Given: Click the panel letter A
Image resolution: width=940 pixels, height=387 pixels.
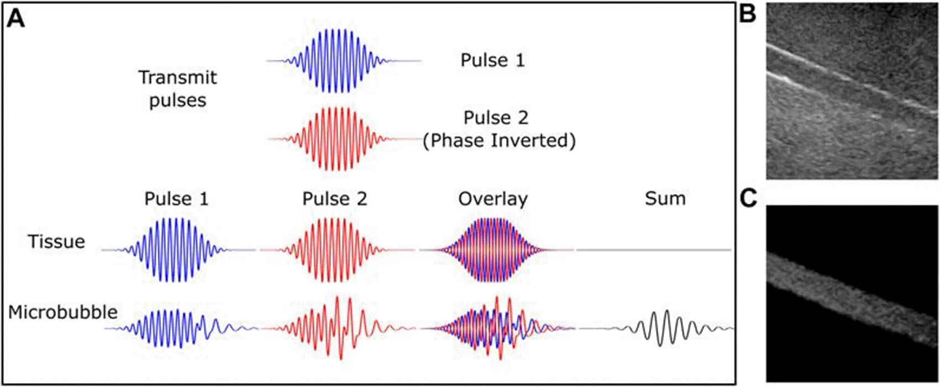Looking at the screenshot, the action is (x=15, y=19).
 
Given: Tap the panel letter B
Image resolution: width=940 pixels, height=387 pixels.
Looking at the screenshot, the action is (x=747, y=14).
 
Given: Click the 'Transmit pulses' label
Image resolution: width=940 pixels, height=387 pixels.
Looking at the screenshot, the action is (x=177, y=88).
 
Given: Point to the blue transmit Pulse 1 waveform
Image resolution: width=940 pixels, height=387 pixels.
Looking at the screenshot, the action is (x=343, y=61).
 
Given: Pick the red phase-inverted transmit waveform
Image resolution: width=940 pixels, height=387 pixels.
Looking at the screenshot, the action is (x=343, y=139).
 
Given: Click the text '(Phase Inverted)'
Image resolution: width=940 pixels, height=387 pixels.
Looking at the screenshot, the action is (x=499, y=141).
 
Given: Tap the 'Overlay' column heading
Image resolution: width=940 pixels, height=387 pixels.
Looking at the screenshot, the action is (x=493, y=199).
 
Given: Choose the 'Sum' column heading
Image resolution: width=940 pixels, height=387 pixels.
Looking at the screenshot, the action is (x=665, y=198).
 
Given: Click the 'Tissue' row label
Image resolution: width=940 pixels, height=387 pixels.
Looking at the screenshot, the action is (x=56, y=241).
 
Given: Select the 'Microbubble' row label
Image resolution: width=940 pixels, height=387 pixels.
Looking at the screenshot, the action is (x=63, y=312).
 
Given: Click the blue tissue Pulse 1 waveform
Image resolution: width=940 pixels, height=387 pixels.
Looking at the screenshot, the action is (x=178, y=250).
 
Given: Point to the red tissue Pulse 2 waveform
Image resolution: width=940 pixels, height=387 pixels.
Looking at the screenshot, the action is (x=337, y=250).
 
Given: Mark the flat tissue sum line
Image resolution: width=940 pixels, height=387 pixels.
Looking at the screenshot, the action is (x=654, y=250).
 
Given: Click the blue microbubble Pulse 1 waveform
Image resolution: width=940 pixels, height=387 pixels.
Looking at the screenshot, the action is (x=181, y=328).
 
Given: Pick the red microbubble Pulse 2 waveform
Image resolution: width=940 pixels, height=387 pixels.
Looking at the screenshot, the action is (x=338, y=328).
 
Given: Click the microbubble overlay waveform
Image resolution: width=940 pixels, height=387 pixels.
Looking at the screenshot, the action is (x=497, y=328).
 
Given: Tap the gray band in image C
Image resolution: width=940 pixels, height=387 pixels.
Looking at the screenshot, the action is (x=852, y=298).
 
